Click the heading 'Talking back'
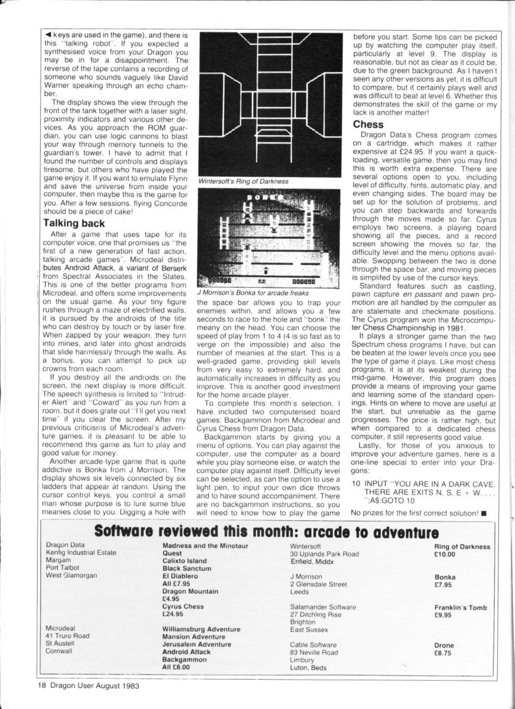[x=74, y=223]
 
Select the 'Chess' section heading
[x=368, y=124]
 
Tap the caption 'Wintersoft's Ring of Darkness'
[x=243, y=181]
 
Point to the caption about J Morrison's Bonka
[x=253, y=292]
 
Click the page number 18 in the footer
[x=41, y=686]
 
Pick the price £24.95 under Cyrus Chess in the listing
[x=173, y=614]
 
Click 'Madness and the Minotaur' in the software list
[x=205, y=546]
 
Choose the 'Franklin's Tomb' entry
[x=460, y=608]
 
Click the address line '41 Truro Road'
[x=67, y=636]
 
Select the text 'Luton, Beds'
[x=308, y=668]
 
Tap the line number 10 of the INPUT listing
[x=356, y=484]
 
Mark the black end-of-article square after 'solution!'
[x=483, y=513]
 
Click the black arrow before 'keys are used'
[x=48, y=35]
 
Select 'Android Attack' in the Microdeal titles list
[x=186, y=652]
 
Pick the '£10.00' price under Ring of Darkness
[x=445, y=554]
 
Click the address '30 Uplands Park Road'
[x=324, y=554]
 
